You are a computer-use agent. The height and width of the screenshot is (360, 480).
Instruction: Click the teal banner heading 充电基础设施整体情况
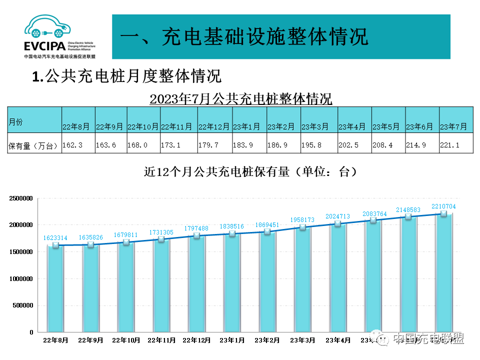tap(244, 37)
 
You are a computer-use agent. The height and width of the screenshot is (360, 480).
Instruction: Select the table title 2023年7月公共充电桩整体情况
tap(240, 98)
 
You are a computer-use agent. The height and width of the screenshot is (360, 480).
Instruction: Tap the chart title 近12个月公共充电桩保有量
tap(250, 172)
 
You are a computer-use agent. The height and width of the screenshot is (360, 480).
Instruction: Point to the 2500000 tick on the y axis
tap(21, 198)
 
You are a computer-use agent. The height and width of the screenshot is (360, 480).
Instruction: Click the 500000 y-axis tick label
tap(23, 305)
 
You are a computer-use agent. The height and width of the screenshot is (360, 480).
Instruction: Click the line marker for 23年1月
tap(232, 233)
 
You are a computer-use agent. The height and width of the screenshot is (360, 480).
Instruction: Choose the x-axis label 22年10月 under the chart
tap(126, 340)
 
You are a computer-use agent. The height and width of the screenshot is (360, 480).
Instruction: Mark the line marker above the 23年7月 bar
tap(443, 213)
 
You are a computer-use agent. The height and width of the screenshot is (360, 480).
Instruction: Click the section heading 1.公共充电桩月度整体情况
tap(126, 76)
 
